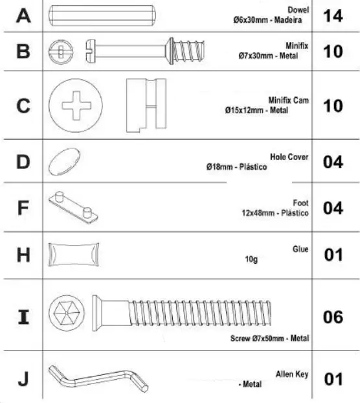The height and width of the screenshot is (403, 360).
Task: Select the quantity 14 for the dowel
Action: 332,16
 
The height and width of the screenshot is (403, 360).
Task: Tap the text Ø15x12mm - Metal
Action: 256,111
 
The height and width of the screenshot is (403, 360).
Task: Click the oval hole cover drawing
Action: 65,159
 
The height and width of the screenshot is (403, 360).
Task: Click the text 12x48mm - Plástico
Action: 273,213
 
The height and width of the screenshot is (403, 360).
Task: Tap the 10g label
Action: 251,259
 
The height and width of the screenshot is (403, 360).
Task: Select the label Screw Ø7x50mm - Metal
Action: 269,338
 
